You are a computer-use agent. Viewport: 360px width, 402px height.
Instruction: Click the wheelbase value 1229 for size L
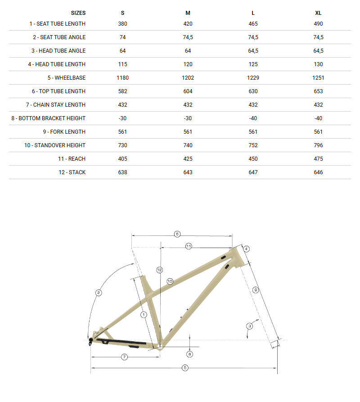pos(253,78)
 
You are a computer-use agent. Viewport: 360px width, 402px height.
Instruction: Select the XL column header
pos(319,13)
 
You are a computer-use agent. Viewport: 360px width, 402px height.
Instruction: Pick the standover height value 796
pos(319,145)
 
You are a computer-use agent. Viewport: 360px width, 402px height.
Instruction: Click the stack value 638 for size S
pos(123,172)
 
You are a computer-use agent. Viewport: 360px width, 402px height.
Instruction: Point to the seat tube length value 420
pos(188,24)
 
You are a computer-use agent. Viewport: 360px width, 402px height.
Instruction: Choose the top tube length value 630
pos(253,91)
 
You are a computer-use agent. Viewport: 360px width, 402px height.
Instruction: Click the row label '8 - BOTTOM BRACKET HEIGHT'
pos(49,118)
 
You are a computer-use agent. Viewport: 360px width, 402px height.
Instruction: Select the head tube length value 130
pos(319,64)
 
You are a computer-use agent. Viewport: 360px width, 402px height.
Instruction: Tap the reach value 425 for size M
pos(188,159)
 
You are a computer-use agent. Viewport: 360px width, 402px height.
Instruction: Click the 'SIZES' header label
pos(78,13)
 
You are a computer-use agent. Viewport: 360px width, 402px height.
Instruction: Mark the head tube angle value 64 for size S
pos(123,51)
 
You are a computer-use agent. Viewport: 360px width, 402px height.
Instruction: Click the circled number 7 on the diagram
pos(125,357)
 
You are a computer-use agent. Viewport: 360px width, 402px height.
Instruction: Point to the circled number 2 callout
pos(99,293)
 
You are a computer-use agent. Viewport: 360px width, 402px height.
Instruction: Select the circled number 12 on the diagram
pos(159,270)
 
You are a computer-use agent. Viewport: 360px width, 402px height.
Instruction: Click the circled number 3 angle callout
pos(249,325)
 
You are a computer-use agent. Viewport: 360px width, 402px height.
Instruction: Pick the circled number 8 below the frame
pos(189,354)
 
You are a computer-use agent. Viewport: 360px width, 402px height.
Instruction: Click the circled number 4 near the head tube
pos(246,248)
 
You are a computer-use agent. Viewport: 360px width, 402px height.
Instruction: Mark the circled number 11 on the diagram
pos(189,246)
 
